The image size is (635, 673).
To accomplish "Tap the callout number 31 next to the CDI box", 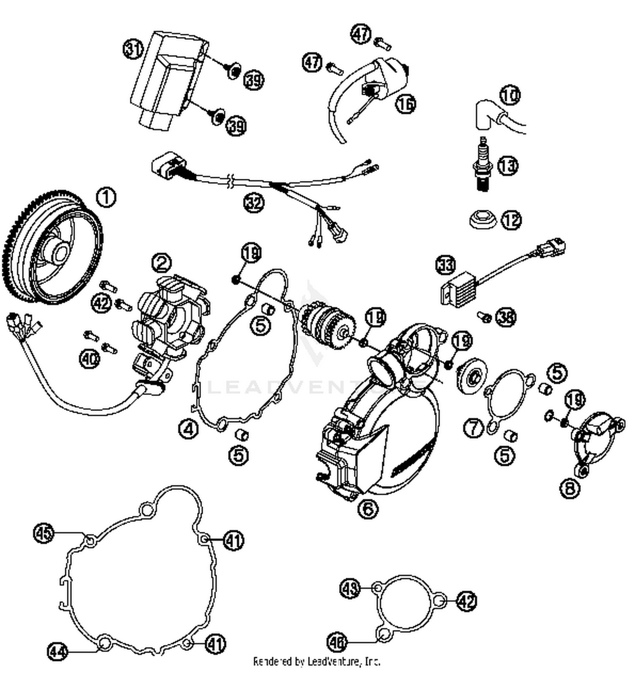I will point(133,49).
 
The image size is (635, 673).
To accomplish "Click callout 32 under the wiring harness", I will point(254,203).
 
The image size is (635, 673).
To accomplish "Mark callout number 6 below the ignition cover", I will point(367,508).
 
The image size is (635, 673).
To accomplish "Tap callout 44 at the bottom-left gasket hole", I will point(57,652).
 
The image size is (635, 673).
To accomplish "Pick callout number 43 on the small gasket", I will point(351,588).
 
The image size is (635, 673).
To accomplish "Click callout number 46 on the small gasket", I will point(337,642).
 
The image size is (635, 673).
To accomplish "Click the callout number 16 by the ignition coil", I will point(406,103).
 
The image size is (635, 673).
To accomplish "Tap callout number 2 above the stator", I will point(162,263).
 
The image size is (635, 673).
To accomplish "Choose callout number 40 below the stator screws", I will point(90,359).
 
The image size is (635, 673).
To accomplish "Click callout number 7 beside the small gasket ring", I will point(473,428).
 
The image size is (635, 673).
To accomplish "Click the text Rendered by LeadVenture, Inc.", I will point(317,661).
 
